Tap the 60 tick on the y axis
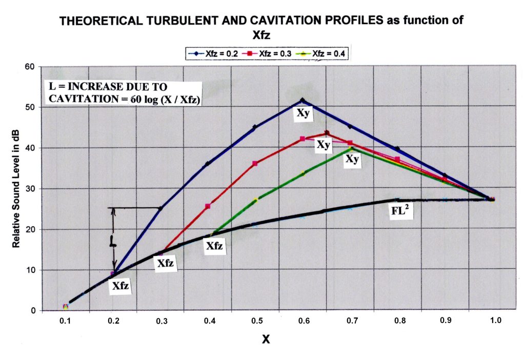[31, 67]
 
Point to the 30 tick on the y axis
[31, 189]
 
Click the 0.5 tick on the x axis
[256, 321]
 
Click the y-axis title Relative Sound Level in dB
[16, 189]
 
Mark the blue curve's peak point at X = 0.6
[302, 101]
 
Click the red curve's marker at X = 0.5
[255, 164]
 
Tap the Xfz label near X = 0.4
[214, 246]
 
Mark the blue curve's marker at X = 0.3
[160, 208]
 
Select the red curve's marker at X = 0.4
[208, 206]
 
